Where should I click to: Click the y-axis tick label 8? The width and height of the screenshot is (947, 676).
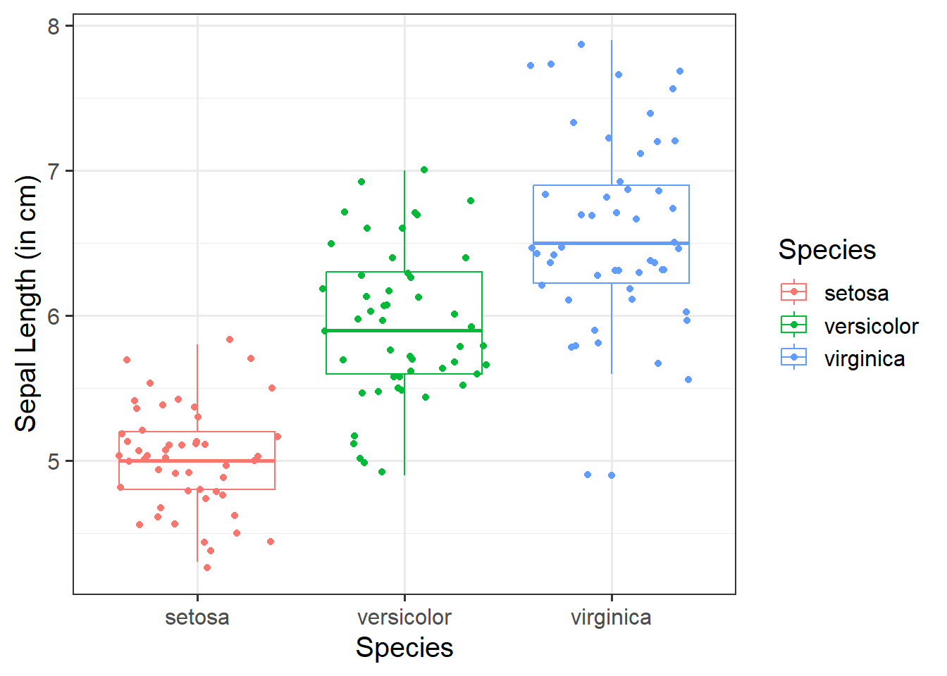54,26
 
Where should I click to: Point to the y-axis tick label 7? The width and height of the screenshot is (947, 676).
54,171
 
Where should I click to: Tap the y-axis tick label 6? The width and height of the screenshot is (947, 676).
54,316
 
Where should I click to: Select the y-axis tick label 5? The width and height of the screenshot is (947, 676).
54,461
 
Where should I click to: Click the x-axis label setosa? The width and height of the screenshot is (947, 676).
197,618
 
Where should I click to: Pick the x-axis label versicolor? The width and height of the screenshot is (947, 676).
404,618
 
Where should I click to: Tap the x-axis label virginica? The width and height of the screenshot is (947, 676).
611,618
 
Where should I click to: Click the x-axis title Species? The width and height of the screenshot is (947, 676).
404,648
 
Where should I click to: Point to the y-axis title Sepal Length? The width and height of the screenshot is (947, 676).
26,303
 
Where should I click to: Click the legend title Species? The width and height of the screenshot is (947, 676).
827,250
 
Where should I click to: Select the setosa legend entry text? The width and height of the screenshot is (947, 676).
856,293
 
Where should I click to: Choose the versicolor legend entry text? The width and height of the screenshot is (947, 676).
871,326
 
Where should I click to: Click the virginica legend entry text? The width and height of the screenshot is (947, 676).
865,359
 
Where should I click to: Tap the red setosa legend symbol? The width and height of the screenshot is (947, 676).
794,292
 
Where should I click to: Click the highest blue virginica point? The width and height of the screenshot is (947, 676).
581,44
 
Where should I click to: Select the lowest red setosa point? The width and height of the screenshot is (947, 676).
207,568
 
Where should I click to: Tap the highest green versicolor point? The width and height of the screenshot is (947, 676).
424,170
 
